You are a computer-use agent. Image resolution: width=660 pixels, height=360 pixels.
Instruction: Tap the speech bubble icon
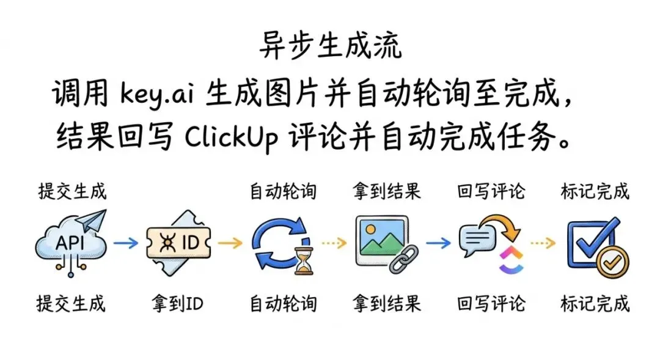tap(477, 240)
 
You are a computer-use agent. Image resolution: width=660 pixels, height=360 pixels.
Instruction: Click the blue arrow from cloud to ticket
tap(127, 243)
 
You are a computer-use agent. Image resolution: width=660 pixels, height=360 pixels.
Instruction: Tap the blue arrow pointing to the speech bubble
tap(438, 243)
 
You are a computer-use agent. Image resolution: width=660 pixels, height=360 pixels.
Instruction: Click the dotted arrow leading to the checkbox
tap(542, 243)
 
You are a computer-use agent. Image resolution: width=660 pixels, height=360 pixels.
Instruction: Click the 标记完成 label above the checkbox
tap(595, 191)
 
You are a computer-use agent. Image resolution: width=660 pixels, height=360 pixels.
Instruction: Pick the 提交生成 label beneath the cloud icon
tap(71, 304)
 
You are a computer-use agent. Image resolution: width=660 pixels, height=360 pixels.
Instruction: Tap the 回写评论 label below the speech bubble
tap(491, 304)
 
